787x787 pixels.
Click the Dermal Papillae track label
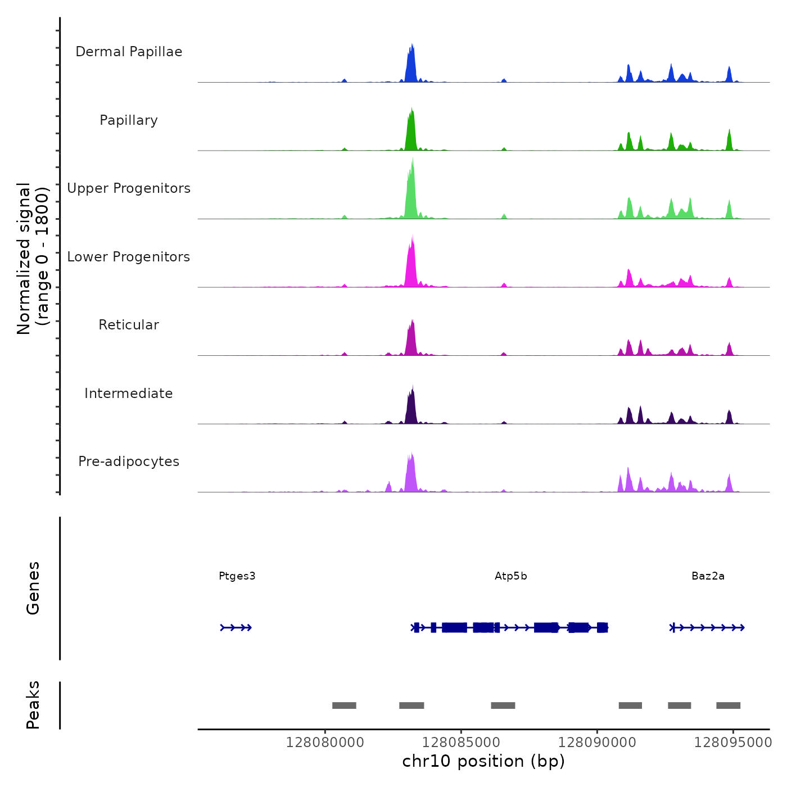129,52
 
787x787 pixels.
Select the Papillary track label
129,120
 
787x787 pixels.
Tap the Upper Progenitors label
129,188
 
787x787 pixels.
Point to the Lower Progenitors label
129,257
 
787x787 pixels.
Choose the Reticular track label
129,325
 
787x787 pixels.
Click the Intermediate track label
129,393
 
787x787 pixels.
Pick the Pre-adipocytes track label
129,462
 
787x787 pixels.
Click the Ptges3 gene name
237,576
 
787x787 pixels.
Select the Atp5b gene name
511,576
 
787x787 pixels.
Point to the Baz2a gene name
708,576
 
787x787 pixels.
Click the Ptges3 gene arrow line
236,628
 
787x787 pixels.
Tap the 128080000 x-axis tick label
325,743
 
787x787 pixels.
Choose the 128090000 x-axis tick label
597,743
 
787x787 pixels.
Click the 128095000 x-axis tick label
733,743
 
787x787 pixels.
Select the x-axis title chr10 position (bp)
483,761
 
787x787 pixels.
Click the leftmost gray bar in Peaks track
344,705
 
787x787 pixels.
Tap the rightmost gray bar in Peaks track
728,705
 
